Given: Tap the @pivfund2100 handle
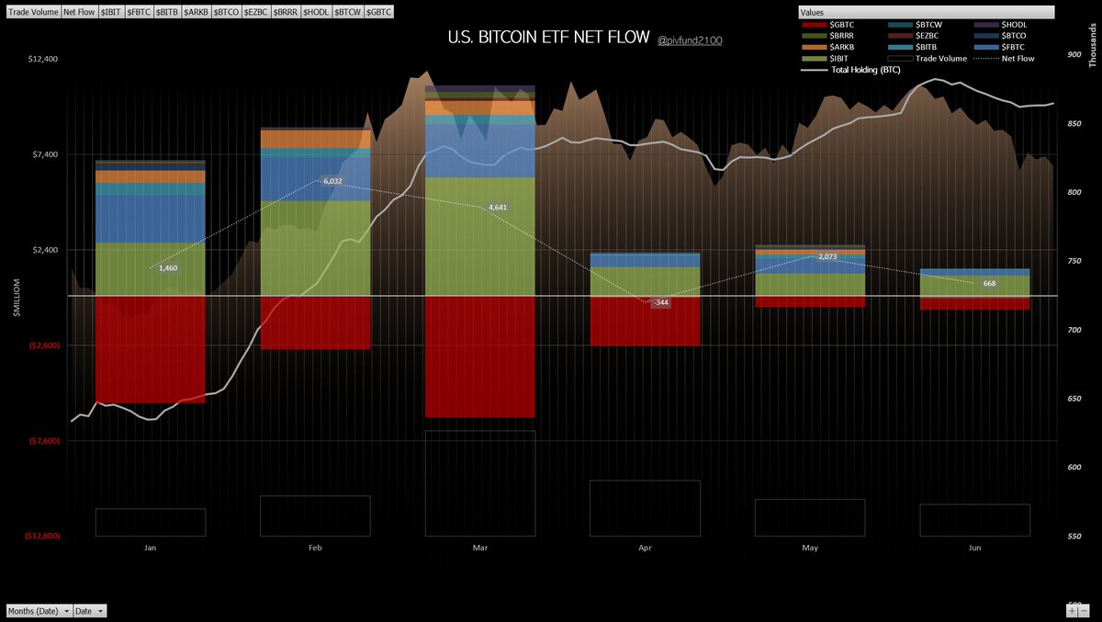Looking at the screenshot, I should (690, 40).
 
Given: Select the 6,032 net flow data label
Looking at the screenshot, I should (332, 182).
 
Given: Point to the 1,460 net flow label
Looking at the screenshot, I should (168, 267).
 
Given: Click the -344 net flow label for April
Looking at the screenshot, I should (660, 302).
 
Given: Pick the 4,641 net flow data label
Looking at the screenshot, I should (497, 208).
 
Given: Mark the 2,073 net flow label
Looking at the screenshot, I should (826, 256).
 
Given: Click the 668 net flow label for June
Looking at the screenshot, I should (989, 283).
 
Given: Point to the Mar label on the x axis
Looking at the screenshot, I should (479, 548).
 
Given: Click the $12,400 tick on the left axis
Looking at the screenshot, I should (43, 59).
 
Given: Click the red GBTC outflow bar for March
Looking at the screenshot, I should (479, 356).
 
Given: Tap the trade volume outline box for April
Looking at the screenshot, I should (645, 507).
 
